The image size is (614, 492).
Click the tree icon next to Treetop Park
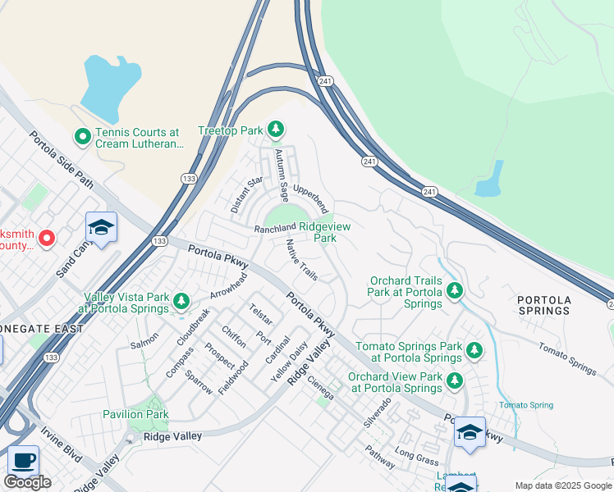tap(277, 130)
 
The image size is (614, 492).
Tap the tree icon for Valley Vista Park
tap(181, 303)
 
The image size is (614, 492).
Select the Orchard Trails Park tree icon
tap(454, 291)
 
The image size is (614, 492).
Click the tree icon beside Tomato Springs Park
tap(474, 351)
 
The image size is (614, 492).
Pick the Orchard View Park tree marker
tap(454, 381)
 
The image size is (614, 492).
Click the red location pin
tap(47, 238)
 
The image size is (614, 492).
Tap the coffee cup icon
tap(24, 459)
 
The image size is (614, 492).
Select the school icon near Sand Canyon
tap(101, 227)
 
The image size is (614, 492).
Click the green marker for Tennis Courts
tap(82, 137)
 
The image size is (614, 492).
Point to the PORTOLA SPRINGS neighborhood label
tap(544, 306)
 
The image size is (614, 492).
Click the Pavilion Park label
tap(135, 414)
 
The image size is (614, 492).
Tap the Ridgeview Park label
tap(324, 232)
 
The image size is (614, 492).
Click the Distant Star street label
tap(246, 195)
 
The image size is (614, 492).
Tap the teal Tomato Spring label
tap(526, 405)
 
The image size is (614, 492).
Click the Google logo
tap(28, 482)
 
